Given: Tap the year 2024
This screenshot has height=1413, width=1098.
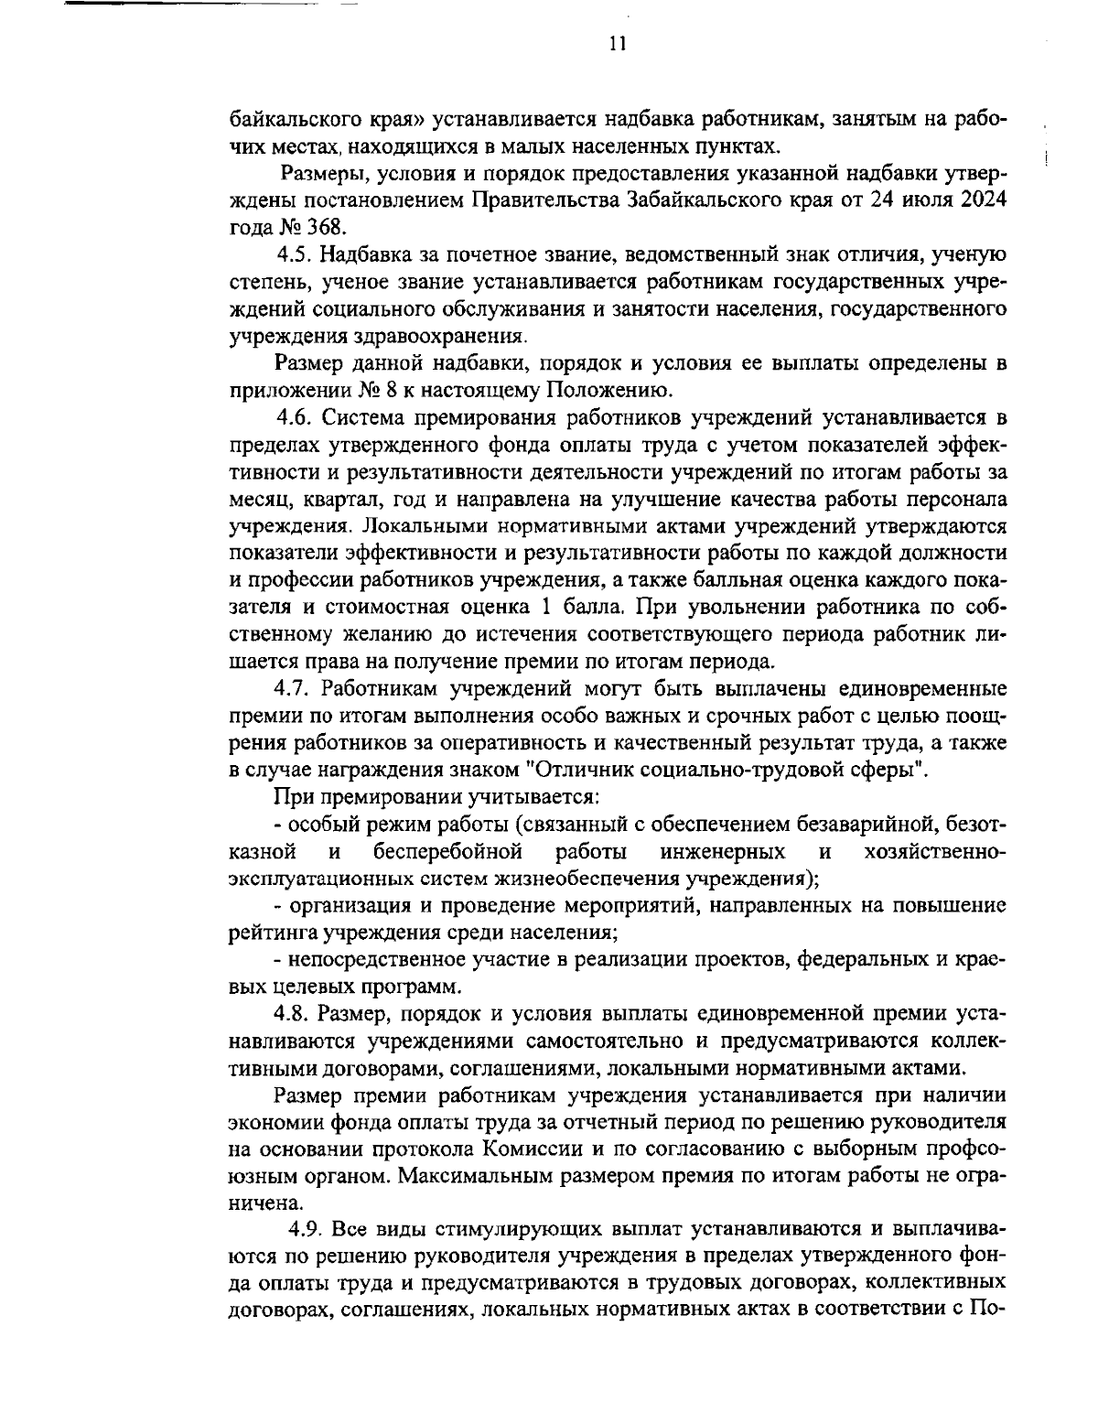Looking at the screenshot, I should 984,199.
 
